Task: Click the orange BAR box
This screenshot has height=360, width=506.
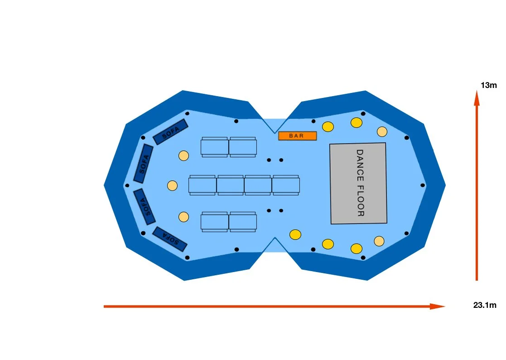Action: pyautogui.click(x=297, y=136)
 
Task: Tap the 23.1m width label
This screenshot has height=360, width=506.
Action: pyautogui.click(x=485, y=305)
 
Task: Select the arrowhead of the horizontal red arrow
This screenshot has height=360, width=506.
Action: pyautogui.click(x=438, y=306)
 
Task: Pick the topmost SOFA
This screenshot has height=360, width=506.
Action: pyautogui.click(x=171, y=131)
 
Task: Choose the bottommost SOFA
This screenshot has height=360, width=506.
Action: pyautogui.click(x=170, y=238)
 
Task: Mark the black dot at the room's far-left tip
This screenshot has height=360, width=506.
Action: pyautogui.click(x=127, y=185)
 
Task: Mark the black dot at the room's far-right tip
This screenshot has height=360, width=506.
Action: pyautogui.click(x=423, y=185)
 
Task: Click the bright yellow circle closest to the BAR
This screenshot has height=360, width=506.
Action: pyautogui.click(x=328, y=126)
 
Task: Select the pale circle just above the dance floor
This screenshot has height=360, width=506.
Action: pyautogui.click(x=382, y=131)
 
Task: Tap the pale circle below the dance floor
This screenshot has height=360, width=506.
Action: pyautogui.click(x=379, y=241)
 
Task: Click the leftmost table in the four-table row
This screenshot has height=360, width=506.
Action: pyautogui.click(x=202, y=185)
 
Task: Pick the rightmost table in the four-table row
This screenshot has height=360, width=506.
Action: pyautogui.click(x=286, y=185)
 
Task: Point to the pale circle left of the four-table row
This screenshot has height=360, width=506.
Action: pyautogui.click(x=173, y=185)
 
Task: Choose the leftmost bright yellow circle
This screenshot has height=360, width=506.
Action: pyautogui.click(x=295, y=234)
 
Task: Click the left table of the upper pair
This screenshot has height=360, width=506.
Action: pyautogui.click(x=215, y=147)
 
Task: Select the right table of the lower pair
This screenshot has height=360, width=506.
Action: pyautogui.click(x=243, y=222)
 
